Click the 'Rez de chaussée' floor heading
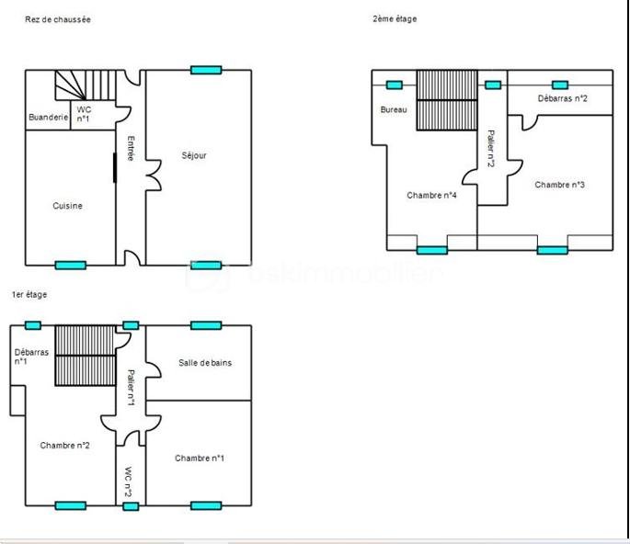pyautogui.click(x=57, y=19)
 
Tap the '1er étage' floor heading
pyautogui.click(x=29, y=294)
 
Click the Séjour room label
pyautogui.click(x=194, y=155)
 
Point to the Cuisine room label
pyautogui.click(x=67, y=206)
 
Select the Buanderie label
pyautogui.click(x=48, y=117)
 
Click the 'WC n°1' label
pyautogui.click(x=83, y=114)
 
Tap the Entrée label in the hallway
pyautogui.click(x=131, y=149)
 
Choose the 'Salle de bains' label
pyautogui.click(x=205, y=363)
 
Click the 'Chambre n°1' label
pyautogui.click(x=200, y=458)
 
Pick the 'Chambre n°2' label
pyautogui.click(x=64, y=445)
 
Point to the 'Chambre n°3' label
pyautogui.click(x=560, y=185)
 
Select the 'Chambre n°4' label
pyautogui.click(x=432, y=195)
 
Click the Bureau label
pyautogui.click(x=394, y=110)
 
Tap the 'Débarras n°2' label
pyautogui.click(x=563, y=98)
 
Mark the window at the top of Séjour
pyautogui.click(x=206, y=70)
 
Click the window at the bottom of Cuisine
pyautogui.click(x=70, y=266)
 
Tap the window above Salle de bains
pyautogui.click(x=206, y=324)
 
